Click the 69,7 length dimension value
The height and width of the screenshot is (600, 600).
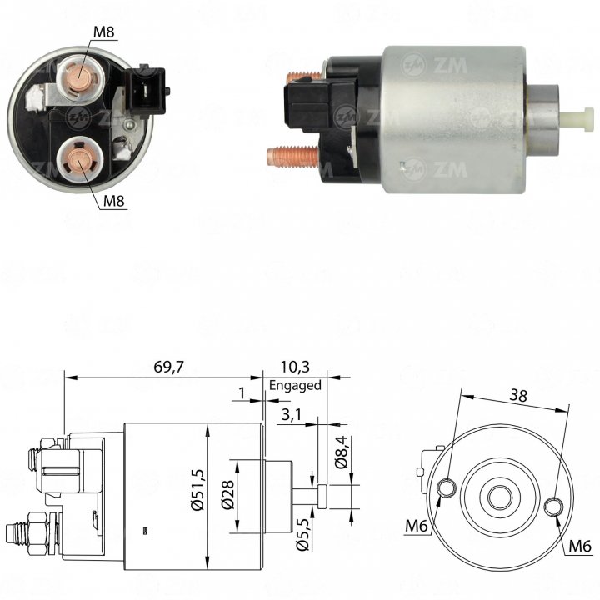168,367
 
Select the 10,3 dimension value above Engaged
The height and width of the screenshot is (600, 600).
295,367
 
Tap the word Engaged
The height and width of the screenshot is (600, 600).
295,385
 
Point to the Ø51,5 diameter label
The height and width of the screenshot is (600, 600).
198,489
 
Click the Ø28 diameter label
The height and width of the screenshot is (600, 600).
227,495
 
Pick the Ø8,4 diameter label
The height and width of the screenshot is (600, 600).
341,452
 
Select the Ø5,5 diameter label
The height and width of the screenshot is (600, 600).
302,534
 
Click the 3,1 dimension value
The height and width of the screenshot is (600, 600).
292,414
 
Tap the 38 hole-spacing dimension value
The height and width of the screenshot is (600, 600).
518,395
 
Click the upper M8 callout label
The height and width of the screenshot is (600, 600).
104,32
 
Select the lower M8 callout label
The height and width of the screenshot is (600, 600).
114,201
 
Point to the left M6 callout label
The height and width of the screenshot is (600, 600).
417,526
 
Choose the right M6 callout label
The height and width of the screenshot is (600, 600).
580,546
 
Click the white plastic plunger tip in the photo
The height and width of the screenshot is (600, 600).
579,120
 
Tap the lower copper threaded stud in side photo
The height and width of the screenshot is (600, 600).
293,157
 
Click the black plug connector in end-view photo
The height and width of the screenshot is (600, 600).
147,91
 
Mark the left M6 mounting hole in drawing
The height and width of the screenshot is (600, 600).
447,487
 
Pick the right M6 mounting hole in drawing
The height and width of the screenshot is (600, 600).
553,507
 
